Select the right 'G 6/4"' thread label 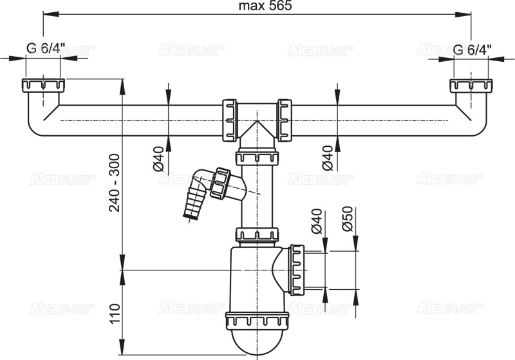pyautogui.click(x=473, y=50)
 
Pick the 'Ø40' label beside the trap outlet pyautogui.click(x=316, y=222)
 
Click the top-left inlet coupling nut pyautogui.click(x=43, y=85)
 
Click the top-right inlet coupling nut pyautogui.click(x=471, y=85)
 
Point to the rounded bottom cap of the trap pyautogui.click(x=257, y=341)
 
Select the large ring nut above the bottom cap pyautogui.click(x=257, y=321)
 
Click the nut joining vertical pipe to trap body pyautogui.click(x=257, y=234)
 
